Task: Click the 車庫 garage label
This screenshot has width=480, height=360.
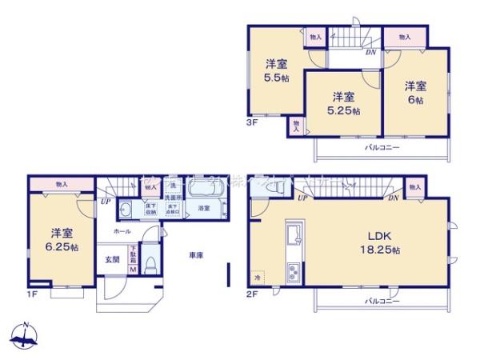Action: click(x=196, y=255)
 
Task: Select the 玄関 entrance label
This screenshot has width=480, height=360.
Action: click(x=112, y=259)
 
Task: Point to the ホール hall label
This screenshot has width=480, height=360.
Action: click(x=122, y=230)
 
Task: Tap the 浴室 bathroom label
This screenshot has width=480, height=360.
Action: click(x=204, y=209)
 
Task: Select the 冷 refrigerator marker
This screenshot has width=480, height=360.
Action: click(x=258, y=276)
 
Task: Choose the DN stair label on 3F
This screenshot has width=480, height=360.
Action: click(x=370, y=53)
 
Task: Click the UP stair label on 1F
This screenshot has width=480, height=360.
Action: click(x=106, y=201)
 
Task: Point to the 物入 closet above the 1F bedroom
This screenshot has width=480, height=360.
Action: click(x=62, y=184)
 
